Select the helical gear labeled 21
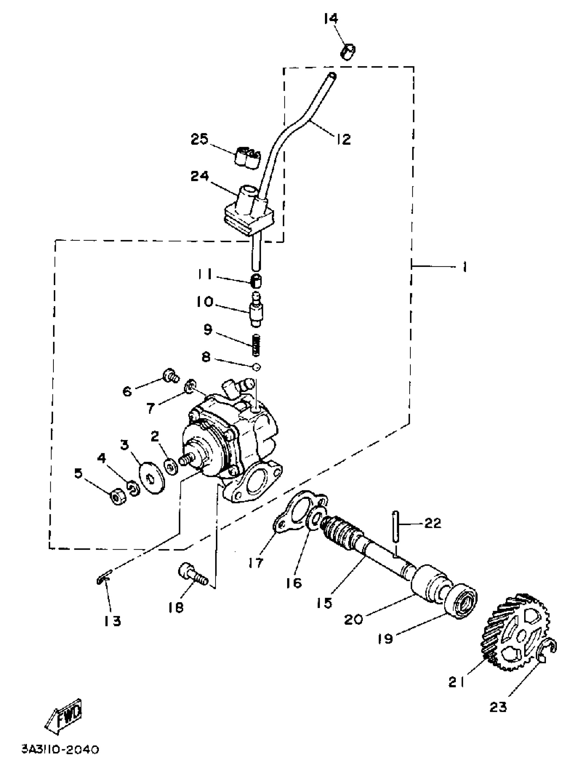coord(515,632)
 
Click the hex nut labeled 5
coord(118,498)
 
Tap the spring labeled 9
coord(256,344)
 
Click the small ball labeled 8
coord(256,367)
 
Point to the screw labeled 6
coord(170,376)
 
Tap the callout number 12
coord(343,139)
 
